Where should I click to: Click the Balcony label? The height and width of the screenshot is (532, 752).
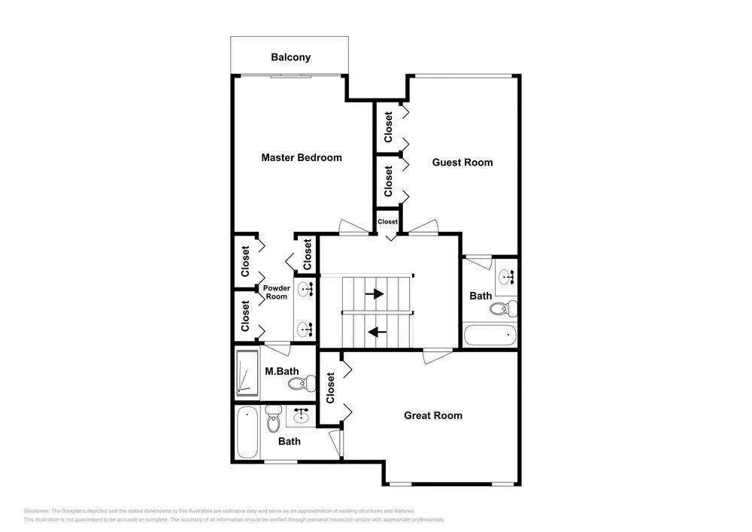tap(290, 57)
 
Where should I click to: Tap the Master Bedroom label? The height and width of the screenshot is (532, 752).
tap(302, 157)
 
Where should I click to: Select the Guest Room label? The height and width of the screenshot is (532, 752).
tap(462, 162)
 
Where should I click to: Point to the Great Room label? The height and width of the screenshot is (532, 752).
tap(433, 415)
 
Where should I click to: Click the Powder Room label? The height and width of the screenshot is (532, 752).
tap(277, 292)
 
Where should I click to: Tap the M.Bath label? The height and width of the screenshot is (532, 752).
tap(282, 371)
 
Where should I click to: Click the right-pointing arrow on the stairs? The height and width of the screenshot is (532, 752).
tap(374, 293)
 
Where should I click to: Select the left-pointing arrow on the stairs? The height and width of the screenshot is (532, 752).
tap(377, 331)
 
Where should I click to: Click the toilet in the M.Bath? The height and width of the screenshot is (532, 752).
tap(302, 383)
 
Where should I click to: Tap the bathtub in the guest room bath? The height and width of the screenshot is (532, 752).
tap(490, 334)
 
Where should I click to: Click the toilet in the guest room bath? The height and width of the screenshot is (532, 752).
tap(504, 308)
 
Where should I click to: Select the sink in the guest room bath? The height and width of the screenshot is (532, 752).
tap(506, 277)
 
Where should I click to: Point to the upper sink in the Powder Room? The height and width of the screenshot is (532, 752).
tap(305, 289)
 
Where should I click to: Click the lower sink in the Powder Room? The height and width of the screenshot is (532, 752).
tap(305, 329)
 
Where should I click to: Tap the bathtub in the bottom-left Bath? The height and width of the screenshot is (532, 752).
tap(247, 432)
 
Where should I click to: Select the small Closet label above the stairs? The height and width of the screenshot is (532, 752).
tap(387, 222)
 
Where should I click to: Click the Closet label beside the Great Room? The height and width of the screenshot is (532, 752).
tap(330, 388)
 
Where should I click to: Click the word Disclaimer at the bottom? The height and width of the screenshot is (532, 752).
tap(36, 511)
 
